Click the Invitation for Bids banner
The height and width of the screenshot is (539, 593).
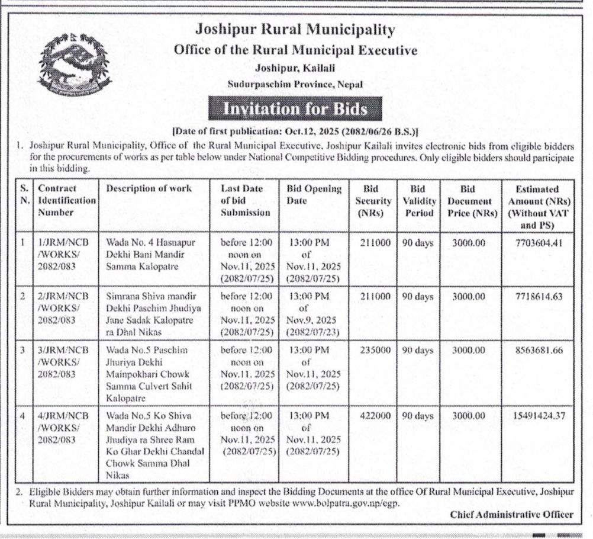[294, 109]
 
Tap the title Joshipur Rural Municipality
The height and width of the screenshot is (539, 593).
[295, 29]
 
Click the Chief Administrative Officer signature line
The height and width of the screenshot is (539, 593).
[511, 515]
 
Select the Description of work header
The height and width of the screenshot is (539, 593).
[149, 189]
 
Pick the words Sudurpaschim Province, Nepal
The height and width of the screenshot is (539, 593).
[295, 85]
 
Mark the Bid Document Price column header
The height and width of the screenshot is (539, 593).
[468, 201]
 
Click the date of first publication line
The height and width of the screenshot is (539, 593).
[295, 131]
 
